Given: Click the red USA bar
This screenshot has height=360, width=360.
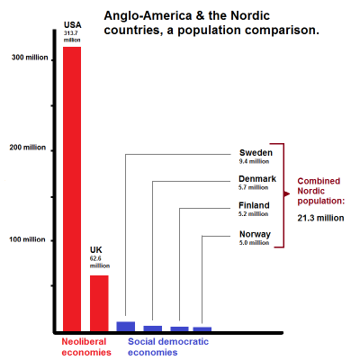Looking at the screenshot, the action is (72, 189).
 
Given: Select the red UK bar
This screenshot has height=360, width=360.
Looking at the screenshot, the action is (99, 303).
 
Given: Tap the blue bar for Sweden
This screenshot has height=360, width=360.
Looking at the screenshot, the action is (126, 327).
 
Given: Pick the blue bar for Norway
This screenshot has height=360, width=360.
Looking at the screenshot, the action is (202, 329).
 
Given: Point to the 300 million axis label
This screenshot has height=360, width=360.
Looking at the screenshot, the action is (30, 58).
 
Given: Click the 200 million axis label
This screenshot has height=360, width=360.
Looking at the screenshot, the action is (28, 148).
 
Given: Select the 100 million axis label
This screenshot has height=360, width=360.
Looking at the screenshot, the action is (27, 239).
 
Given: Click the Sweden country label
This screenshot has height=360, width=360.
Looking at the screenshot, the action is (256, 153).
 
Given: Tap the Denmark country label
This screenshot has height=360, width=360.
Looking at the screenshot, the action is (257, 179).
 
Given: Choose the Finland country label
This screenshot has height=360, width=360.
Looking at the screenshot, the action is (254, 205).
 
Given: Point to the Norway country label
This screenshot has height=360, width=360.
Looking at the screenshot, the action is (255, 234).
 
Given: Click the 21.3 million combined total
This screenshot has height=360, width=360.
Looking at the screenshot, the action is (320, 218).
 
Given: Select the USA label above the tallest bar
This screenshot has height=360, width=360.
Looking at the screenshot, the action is (73, 25).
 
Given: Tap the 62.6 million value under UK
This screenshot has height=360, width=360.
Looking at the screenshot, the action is (100, 262).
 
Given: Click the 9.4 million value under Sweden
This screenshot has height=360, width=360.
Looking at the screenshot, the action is (254, 161).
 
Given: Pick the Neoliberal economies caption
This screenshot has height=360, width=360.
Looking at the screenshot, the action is (86, 346).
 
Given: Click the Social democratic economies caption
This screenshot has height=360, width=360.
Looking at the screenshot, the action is (168, 346).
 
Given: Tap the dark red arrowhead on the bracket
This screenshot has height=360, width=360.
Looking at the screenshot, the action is (287, 194).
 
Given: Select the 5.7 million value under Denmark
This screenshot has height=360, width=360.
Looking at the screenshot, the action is (254, 187).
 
